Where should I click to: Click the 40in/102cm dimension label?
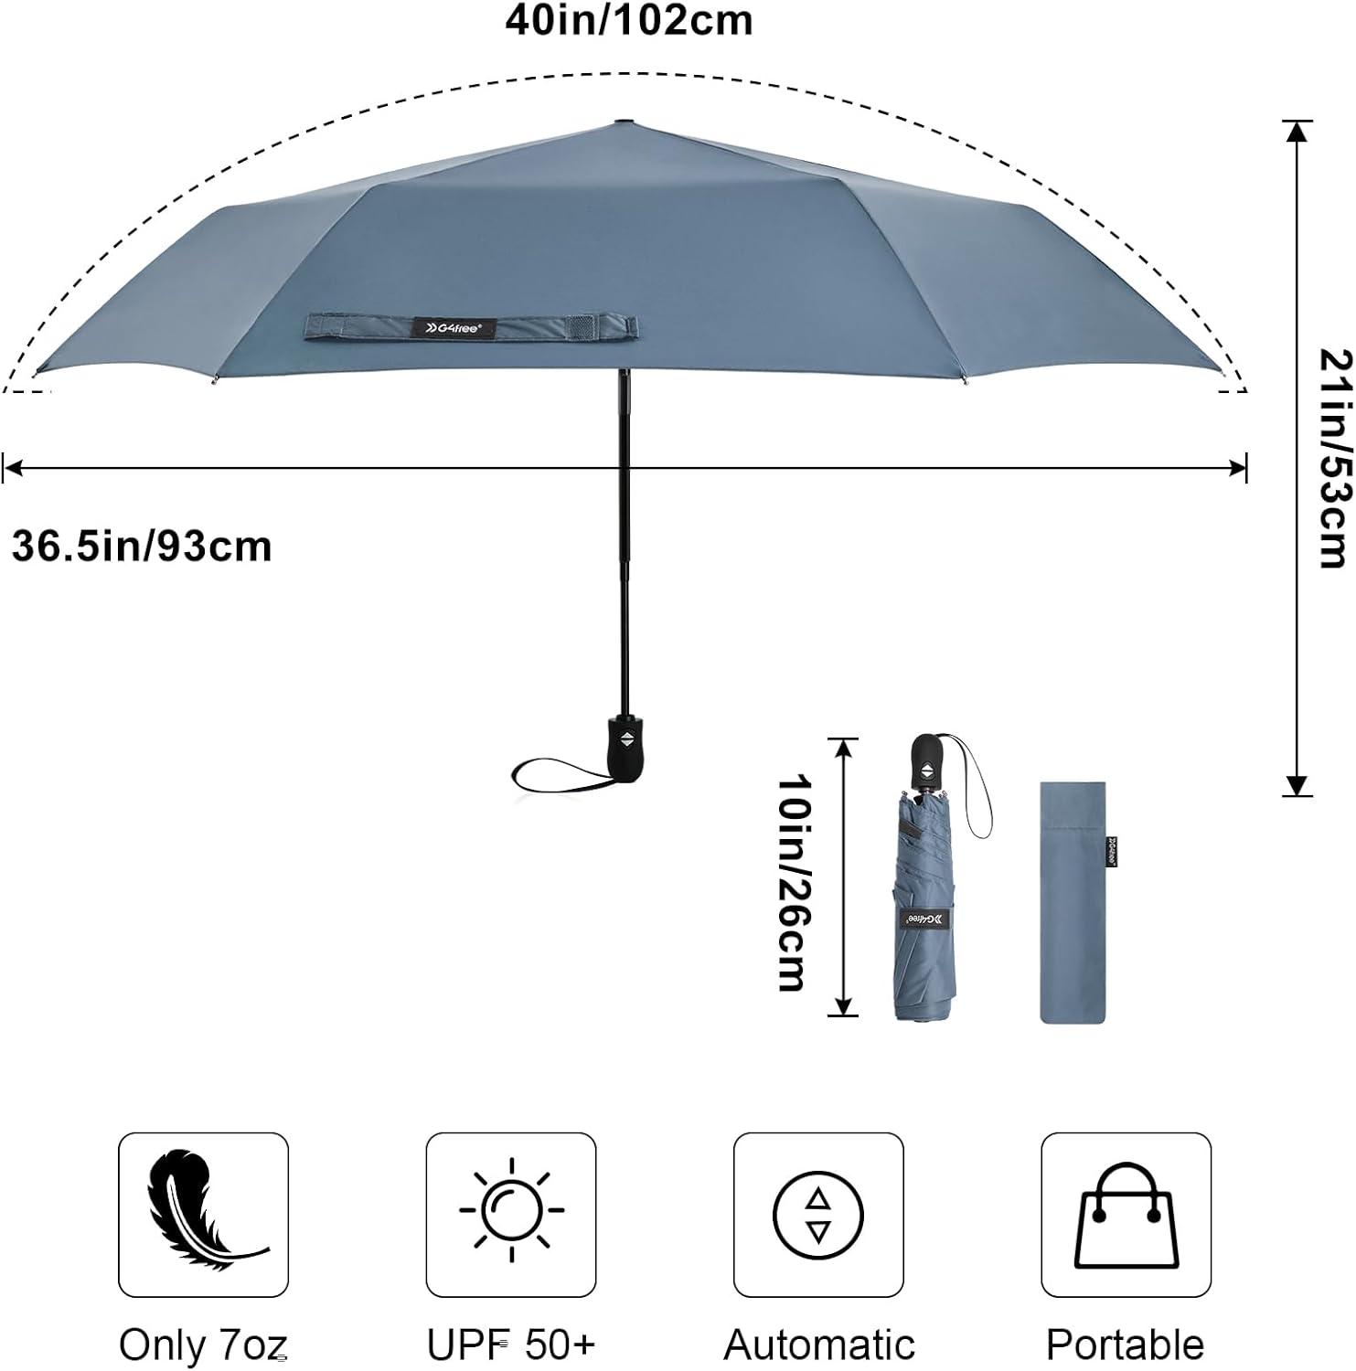(629, 20)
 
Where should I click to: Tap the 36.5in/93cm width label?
(142, 547)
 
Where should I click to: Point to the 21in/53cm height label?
(1334, 458)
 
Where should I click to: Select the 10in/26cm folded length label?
(792, 883)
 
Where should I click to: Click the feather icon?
(204, 1214)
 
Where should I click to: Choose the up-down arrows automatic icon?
(818, 1215)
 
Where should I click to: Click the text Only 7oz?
(203, 1344)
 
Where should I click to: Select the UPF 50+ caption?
(511, 1344)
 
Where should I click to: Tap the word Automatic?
(819, 1344)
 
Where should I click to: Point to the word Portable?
(1126, 1344)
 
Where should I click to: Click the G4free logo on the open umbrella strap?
(455, 327)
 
